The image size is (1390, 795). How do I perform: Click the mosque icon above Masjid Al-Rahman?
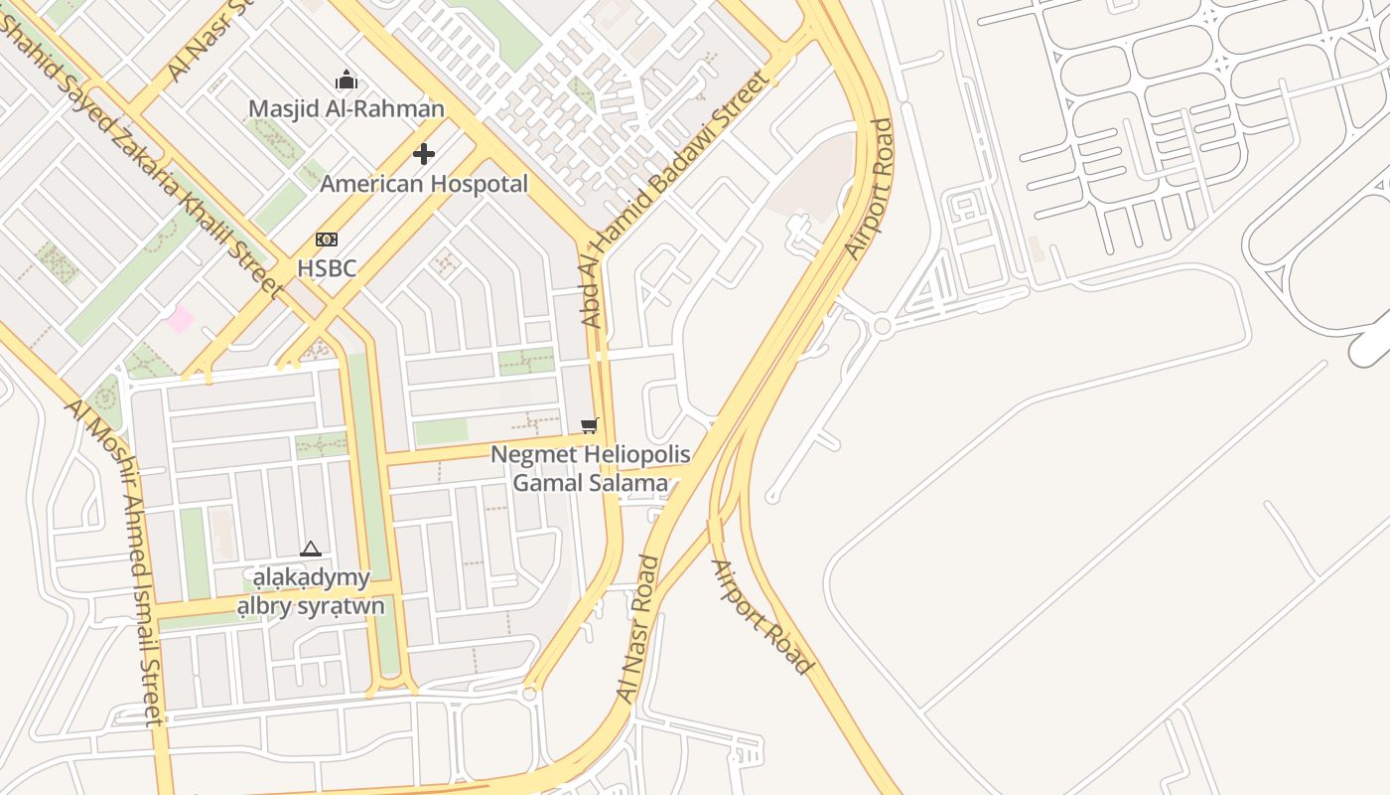click(x=347, y=79)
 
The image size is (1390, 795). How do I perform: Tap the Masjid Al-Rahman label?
click(x=347, y=108)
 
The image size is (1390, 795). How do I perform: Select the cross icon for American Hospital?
click(x=424, y=154)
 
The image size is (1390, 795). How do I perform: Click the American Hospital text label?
click(x=424, y=184)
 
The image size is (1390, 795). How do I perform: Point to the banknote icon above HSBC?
click(x=326, y=239)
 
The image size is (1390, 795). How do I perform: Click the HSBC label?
click(x=327, y=268)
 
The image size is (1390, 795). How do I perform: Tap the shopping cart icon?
click(x=590, y=426)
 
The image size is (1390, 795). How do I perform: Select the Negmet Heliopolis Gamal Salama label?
click(x=591, y=469)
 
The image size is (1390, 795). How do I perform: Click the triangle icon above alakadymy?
click(x=311, y=550)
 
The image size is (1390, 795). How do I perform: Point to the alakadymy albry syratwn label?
click(x=311, y=591)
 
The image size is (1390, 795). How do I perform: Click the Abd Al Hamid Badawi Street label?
click(x=675, y=199)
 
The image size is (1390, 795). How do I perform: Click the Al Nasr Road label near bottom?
click(x=638, y=629)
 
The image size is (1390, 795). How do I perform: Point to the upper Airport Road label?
click(x=870, y=189)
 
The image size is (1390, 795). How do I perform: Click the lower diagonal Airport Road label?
click(x=763, y=617)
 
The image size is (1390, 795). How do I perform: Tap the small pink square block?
click(x=181, y=319)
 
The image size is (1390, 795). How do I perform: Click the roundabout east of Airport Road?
click(x=882, y=326)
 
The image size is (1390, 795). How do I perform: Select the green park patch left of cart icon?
click(x=441, y=431)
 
